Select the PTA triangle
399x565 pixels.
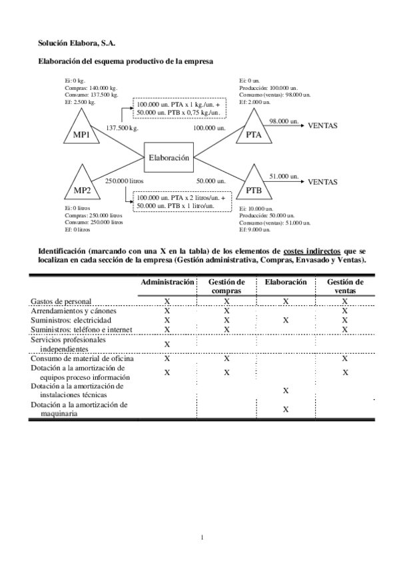coord(253,132)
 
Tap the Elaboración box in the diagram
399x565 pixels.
coord(169,158)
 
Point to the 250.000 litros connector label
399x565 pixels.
coord(124,181)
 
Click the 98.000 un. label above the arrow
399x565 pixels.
coord(283,121)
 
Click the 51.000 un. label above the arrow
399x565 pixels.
coord(283,176)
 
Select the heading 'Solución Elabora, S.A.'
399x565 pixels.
coord(76,43)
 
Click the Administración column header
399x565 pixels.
coord(167,282)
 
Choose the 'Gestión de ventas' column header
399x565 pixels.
coord(345,286)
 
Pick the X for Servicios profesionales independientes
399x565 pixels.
coord(167,344)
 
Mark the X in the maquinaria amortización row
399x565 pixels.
coord(285,409)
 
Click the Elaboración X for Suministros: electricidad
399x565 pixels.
coord(285,320)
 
